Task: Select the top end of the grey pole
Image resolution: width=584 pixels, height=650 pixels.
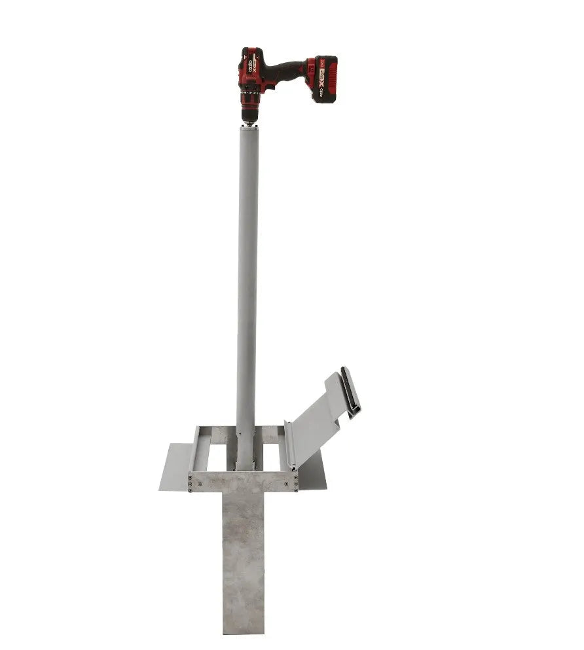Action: pos(248,129)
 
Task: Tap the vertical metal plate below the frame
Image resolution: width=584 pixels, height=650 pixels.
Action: pos(243,556)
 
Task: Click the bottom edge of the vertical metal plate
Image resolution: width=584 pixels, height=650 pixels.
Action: pos(243,632)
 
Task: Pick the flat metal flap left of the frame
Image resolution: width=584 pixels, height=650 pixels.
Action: pos(174,467)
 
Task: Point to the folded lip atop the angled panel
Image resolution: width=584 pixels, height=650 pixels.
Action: pos(350,393)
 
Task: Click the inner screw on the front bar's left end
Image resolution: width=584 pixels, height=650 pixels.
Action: pos(199,482)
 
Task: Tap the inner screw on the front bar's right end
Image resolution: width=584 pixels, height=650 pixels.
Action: pos(286,482)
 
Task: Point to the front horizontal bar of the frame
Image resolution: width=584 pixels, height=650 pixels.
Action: pos(243,481)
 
